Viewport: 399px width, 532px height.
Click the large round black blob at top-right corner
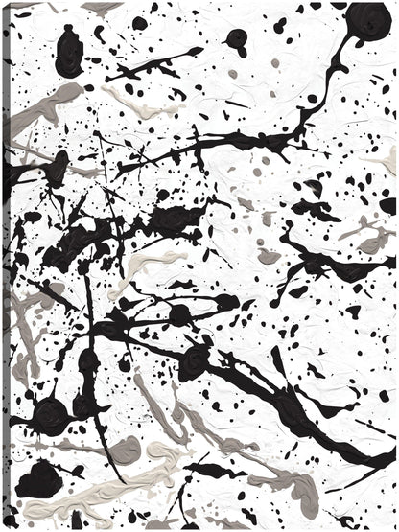click(367, 22)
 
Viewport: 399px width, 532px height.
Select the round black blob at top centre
click(235, 39)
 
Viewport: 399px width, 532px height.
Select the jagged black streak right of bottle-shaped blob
click(144, 71)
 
